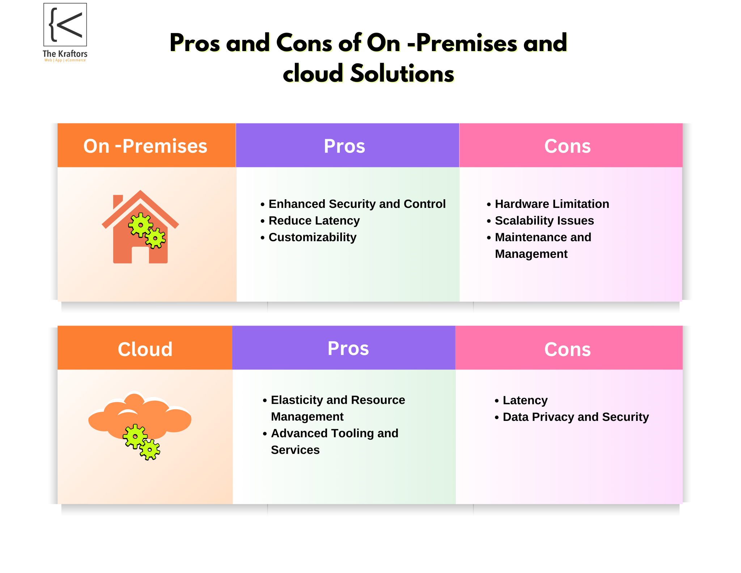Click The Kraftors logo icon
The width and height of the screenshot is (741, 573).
pos(65,25)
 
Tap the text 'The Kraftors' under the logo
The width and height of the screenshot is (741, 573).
pos(65,54)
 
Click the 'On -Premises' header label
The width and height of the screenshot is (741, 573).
pos(145,146)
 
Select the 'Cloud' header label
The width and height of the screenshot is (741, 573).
pos(145,349)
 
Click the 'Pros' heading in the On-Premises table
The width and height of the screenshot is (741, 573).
pos(344,146)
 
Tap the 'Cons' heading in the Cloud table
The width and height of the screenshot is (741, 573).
pos(567,349)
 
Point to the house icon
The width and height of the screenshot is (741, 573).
pos(140,227)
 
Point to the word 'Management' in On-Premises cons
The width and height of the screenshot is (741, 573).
pos(531,254)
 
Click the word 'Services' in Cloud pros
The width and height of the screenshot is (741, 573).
pos(295,450)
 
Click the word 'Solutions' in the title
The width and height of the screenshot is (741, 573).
pos(402,74)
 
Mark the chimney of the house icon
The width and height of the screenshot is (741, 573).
pos(118,201)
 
